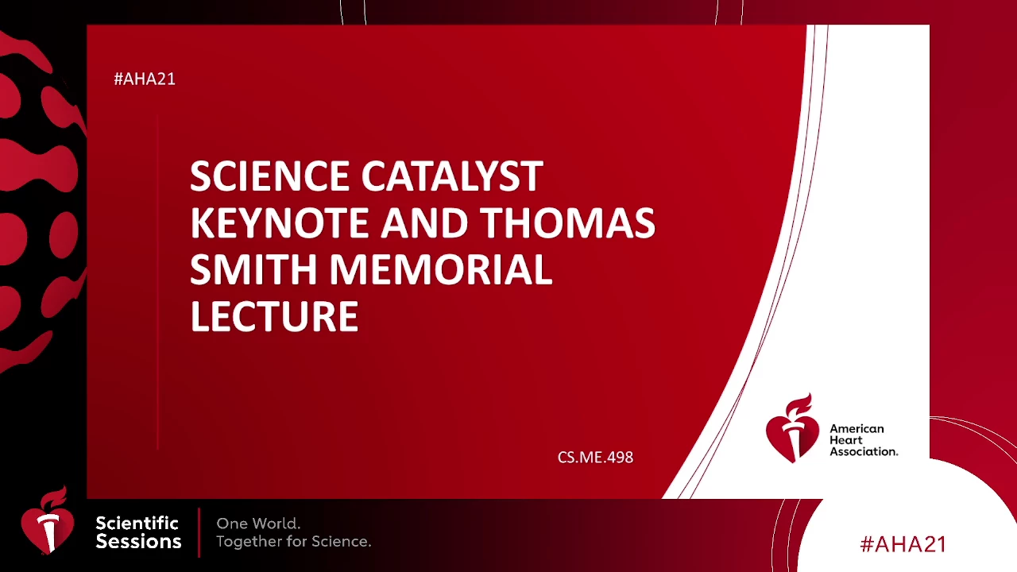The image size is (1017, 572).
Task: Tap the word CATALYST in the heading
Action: coord(452,176)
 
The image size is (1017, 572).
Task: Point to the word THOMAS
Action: coord(567,223)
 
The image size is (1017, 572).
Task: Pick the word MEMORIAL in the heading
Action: coord(440,269)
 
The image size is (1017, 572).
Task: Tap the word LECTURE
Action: coord(275,316)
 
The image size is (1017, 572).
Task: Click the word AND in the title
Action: coord(424,223)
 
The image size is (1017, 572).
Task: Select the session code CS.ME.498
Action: coord(595,457)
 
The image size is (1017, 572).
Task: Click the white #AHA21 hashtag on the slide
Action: coord(145,79)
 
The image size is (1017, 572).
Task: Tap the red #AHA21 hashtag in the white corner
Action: coord(903,544)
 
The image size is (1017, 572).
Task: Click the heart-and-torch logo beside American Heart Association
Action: coord(792,428)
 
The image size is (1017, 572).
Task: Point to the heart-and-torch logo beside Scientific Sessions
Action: coord(48,520)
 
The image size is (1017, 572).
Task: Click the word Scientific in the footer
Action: coord(137,523)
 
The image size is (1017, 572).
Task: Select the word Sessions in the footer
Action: coord(138,542)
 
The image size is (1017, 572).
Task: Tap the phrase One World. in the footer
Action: coord(258,524)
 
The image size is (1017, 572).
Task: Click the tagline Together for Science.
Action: coord(294,541)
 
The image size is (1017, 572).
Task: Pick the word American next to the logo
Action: coord(857,428)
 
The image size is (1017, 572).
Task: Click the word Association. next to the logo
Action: coord(864,451)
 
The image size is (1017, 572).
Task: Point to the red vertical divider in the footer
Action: coord(199,532)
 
